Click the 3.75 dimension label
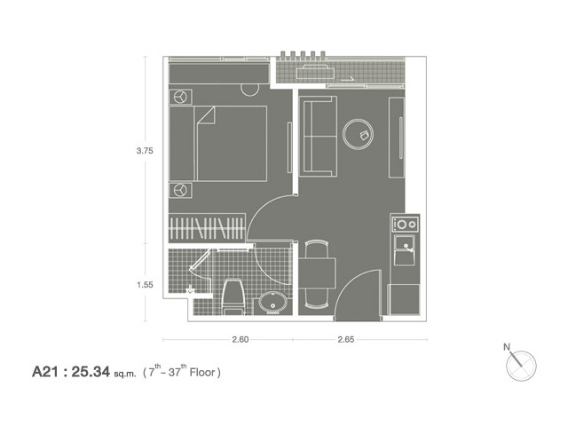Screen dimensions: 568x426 click(145, 151)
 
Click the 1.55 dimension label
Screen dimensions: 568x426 click(145, 285)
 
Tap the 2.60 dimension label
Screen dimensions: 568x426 click(241, 339)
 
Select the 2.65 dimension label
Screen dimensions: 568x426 click(346, 339)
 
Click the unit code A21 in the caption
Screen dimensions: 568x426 click(45, 372)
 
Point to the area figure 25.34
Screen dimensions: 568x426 click(91, 372)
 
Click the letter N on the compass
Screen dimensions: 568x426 click(507, 347)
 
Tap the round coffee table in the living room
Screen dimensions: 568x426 click(359, 134)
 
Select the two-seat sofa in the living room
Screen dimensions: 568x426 click(318, 136)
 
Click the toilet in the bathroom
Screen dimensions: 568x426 click(233, 296)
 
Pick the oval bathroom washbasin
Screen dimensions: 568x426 click(273, 303)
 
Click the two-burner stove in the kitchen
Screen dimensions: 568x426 click(406, 225)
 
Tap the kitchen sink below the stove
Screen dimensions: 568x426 click(405, 250)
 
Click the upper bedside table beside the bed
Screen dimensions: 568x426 click(180, 97)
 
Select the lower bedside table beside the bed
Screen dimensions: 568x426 click(180, 190)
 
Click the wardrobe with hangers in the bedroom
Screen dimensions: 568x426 click(207, 228)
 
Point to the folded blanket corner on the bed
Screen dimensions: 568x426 click(206, 115)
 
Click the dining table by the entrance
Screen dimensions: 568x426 click(318, 273)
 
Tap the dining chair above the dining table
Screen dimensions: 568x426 click(317, 249)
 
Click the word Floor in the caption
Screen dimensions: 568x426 click(203, 372)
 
